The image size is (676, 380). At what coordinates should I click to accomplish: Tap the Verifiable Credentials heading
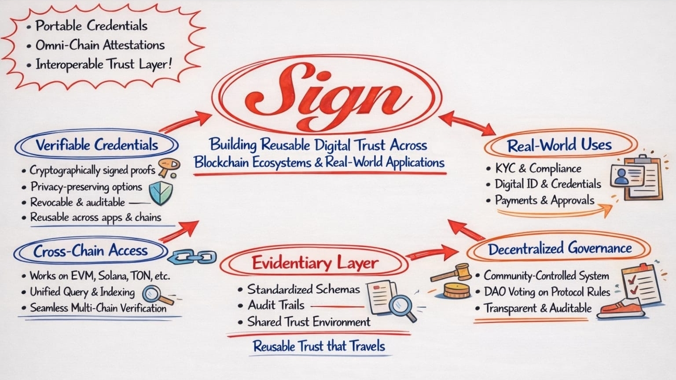coord(96,145)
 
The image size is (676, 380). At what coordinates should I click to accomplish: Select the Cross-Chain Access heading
coord(90,251)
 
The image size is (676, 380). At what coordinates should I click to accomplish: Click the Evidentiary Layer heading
coord(315,263)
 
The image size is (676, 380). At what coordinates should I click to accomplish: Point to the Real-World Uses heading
coord(559,145)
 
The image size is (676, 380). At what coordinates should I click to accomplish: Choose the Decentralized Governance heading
coord(559,248)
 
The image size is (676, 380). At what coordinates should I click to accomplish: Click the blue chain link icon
coord(192,256)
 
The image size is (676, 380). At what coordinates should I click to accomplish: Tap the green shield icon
coord(160,193)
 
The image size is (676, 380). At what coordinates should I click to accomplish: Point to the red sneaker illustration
coord(621,308)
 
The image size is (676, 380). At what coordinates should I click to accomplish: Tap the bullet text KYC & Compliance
coord(538,168)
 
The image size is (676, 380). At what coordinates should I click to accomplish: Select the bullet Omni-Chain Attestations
coord(100,45)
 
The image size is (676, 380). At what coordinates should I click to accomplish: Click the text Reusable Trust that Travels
coord(319,346)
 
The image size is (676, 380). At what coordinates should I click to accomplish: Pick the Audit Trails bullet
coord(276,305)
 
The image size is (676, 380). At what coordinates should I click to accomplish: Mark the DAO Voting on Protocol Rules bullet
coord(547,291)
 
